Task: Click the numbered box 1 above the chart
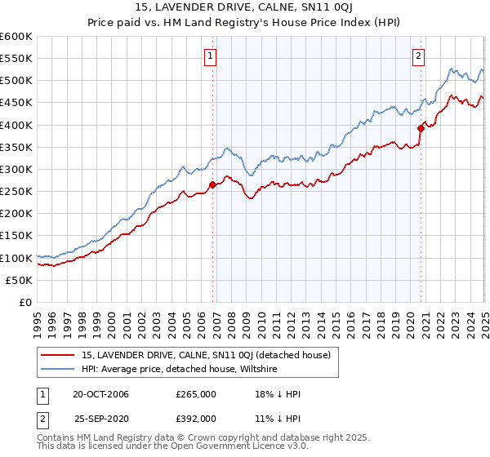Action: click(x=211, y=56)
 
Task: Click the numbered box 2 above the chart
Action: click(x=418, y=56)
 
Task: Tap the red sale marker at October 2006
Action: click(x=213, y=184)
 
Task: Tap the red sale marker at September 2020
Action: click(x=421, y=127)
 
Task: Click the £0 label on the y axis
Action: click(x=25, y=303)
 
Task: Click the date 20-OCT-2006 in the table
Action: click(x=100, y=394)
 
